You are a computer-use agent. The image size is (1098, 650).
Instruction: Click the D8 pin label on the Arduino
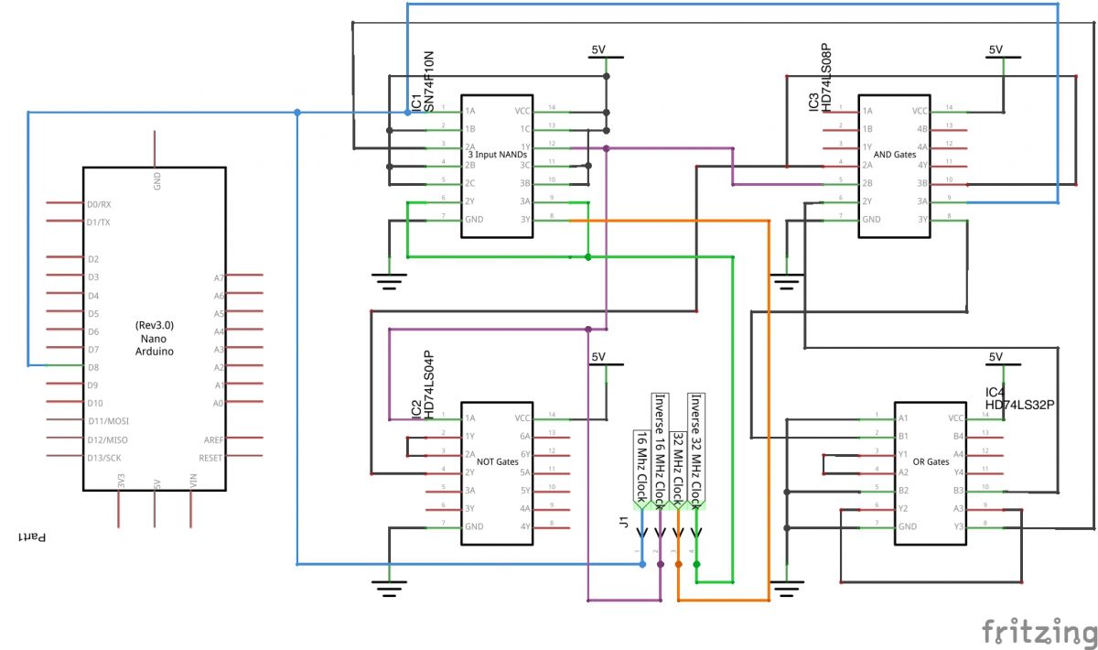pos(94,367)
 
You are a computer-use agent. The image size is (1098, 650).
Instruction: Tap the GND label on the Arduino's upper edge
pos(156,181)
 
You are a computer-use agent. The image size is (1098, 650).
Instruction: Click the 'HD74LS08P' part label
pos(826,77)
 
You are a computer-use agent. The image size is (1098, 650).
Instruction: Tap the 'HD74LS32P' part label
pos(1020,403)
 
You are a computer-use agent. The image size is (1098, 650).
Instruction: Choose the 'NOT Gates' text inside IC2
pos(499,461)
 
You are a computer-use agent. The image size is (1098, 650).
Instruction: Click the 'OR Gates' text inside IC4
pos(931,461)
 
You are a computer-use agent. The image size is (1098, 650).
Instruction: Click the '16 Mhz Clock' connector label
pos(641,467)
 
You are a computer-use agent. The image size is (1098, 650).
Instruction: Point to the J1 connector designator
pos(623,524)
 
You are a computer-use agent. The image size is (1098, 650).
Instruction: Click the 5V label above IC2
pos(598,357)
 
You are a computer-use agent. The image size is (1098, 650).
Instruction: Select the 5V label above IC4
pos(996,357)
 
